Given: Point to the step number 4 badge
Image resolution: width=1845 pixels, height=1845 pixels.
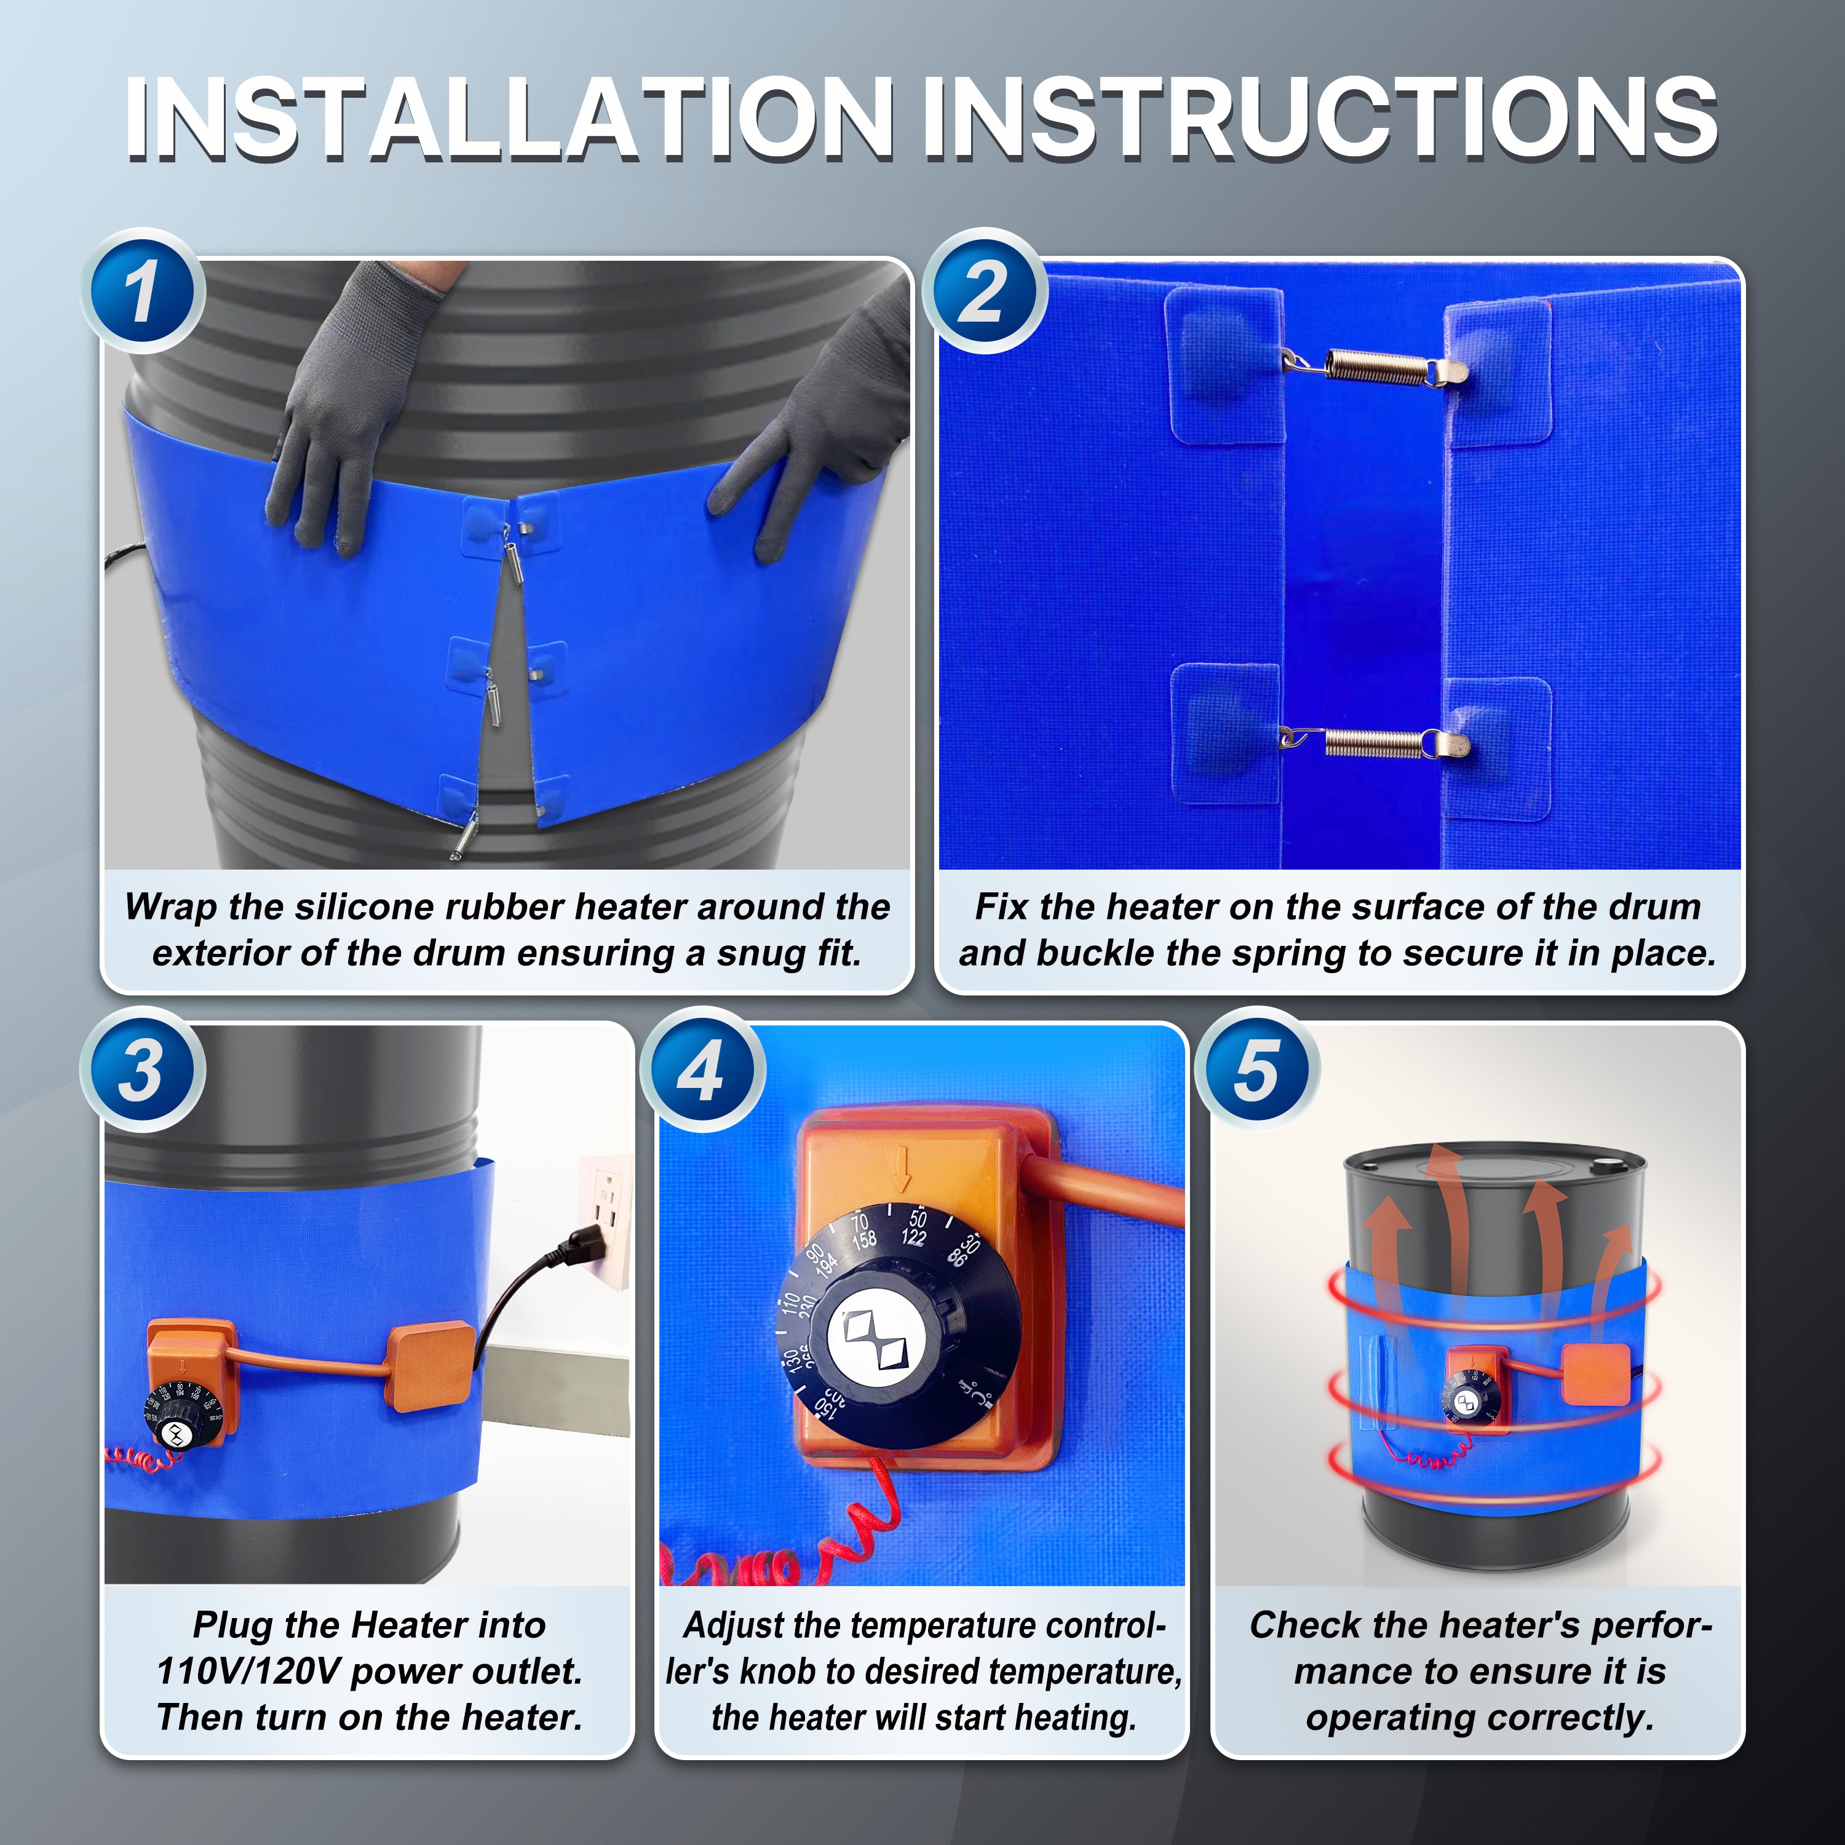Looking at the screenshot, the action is (x=702, y=1069).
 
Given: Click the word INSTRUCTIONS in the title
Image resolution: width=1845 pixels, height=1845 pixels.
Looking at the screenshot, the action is (x=1319, y=119).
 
